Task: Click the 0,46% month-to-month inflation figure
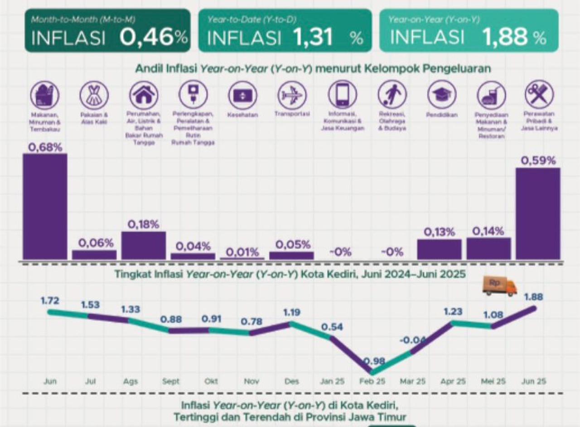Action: click(x=154, y=38)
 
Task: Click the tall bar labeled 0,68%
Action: click(x=45, y=206)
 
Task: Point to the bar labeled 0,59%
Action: click(x=538, y=213)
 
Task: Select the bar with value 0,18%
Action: click(x=143, y=245)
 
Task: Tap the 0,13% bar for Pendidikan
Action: click(x=439, y=249)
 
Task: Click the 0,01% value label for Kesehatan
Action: click(x=242, y=252)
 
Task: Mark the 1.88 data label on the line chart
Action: click(x=533, y=297)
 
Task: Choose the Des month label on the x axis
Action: click(x=291, y=382)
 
